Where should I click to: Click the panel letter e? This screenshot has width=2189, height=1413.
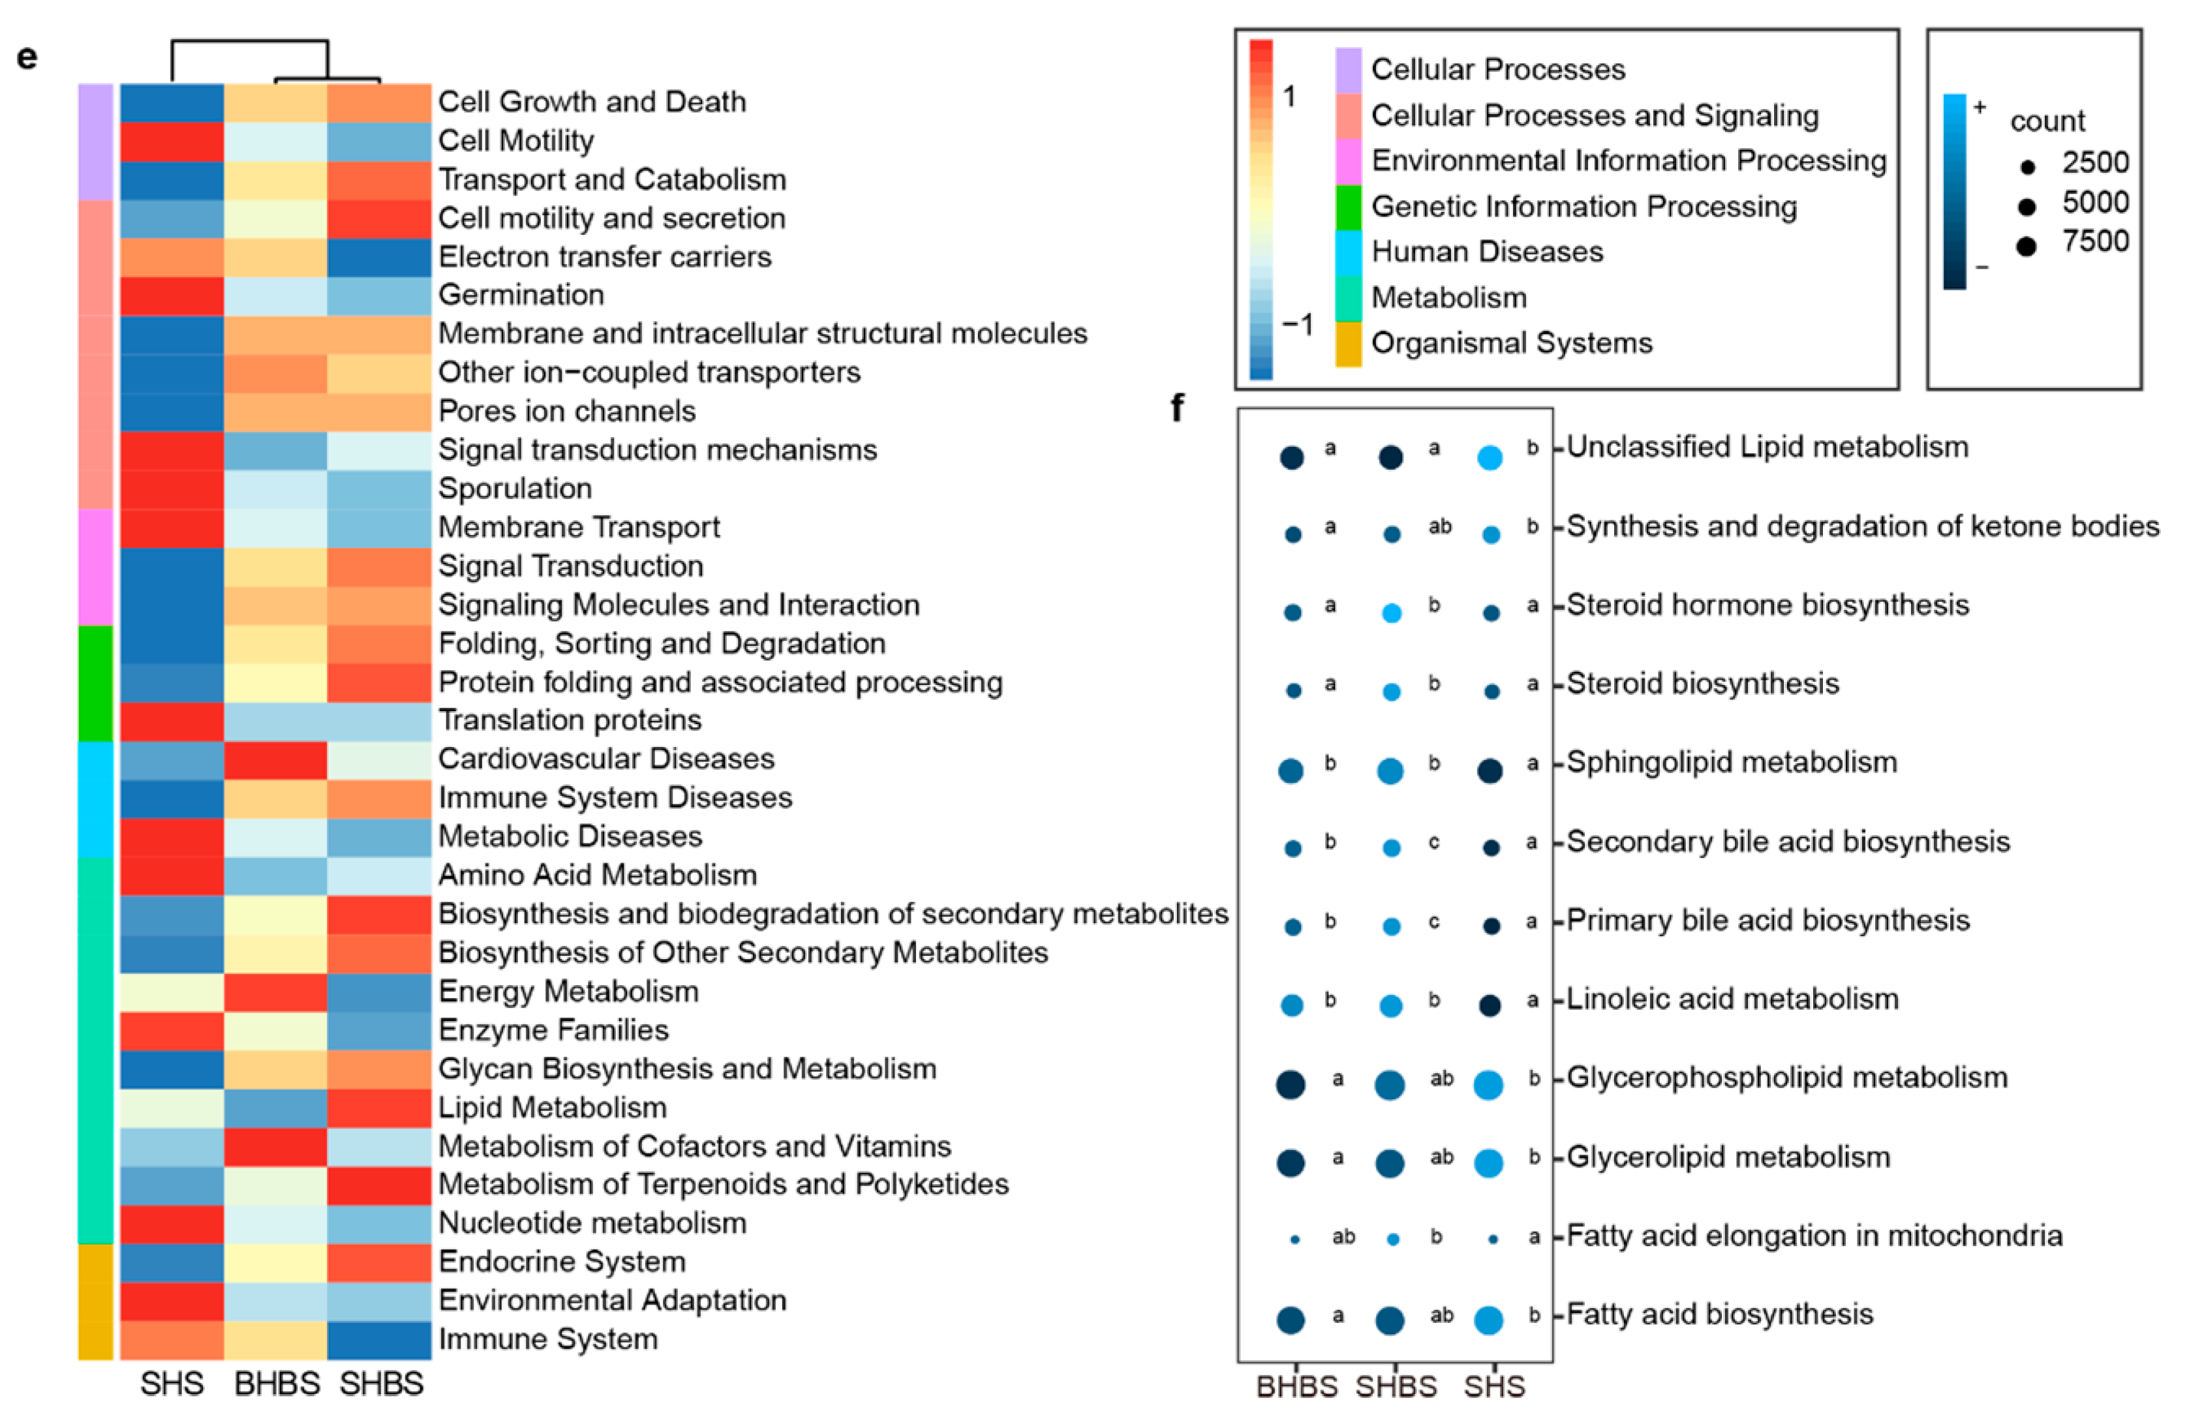pyautogui.click(x=27, y=57)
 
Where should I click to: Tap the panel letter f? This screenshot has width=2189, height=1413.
pyautogui.click(x=1177, y=406)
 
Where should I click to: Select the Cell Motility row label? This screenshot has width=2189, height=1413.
pyautogui.click(x=515, y=140)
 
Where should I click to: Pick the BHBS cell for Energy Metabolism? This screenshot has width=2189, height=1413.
pyautogui.click(x=275, y=992)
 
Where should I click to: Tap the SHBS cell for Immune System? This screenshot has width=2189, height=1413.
pyautogui.click(x=379, y=1339)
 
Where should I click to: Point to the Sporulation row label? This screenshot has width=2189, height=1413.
pyautogui.click(x=515, y=488)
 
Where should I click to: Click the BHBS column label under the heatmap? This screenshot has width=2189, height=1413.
pyautogui.click(x=276, y=1384)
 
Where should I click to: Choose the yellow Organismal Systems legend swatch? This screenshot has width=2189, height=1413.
pyautogui.click(x=1348, y=344)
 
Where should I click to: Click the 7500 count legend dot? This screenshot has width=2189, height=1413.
pyautogui.click(x=2027, y=246)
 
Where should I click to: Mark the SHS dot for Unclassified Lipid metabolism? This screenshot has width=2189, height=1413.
pyautogui.click(x=1490, y=457)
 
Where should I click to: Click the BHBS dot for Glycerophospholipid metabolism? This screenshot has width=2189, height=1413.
pyautogui.click(x=1291, y=1084)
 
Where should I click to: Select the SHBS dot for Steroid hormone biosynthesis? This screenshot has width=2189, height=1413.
pyautogui.click(x=1392, y=613)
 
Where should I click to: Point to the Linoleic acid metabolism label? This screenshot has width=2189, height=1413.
pyautogui.click(x=1732, y=998)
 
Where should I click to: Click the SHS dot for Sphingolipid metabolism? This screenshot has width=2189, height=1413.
pyautogui.click(x=1490, y=770)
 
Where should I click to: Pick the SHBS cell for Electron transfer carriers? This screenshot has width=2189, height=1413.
pyautogui.click(x=379, y=257)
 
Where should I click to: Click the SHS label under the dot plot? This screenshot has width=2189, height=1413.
pyautogui.click(x=1493, y=1386)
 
